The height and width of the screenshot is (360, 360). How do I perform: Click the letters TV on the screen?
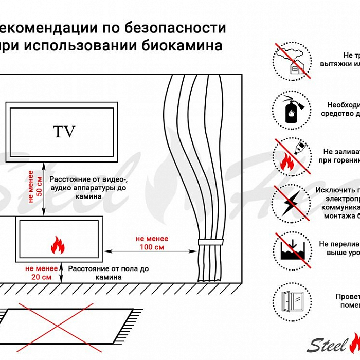(x=64, y=132)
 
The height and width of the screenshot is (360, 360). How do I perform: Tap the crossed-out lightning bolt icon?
(x=291, y=202)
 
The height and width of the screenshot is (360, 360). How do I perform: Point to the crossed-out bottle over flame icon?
(x=291, y=156)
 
